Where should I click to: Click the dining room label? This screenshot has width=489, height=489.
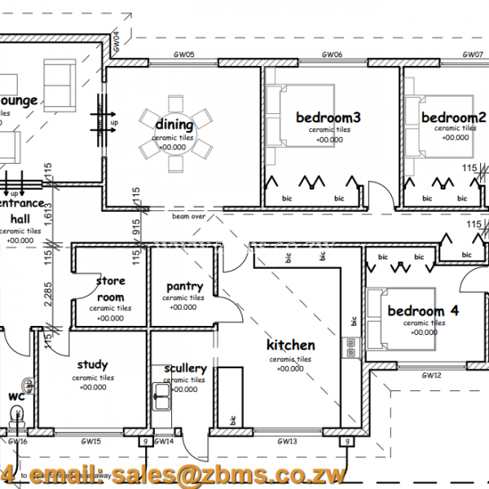click(174, 125)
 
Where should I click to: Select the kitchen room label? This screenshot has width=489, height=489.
click(291, 346)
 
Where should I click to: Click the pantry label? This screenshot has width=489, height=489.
click(184, 287)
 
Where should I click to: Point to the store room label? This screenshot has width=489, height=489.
click(110, 289)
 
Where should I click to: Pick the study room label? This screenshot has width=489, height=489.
click(92, 365)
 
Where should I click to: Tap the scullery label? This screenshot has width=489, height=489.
click(185, 368)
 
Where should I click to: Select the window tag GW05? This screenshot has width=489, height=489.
click(183, 55)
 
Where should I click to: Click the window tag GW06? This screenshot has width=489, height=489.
click(331, 55)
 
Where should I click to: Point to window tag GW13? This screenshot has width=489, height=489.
click(286, 442)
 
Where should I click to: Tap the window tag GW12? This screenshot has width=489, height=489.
click(431, 376)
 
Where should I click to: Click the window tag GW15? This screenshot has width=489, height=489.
click(91, 442)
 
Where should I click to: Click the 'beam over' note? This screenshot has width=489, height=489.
click(188, 217)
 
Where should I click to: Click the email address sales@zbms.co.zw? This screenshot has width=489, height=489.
click(229, 475)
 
